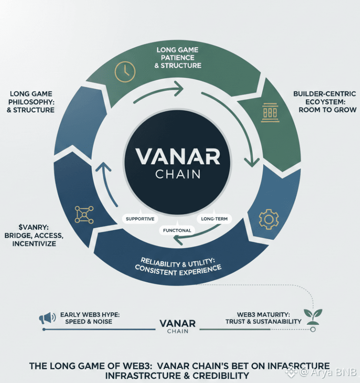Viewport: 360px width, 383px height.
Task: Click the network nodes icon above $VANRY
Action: (84, 215)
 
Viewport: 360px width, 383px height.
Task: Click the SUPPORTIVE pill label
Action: (140, 219)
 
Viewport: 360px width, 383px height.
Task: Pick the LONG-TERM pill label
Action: (214, 219)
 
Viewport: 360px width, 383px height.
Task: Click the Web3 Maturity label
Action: (263, 314)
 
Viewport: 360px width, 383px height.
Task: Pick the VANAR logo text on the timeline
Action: (177, 324)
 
